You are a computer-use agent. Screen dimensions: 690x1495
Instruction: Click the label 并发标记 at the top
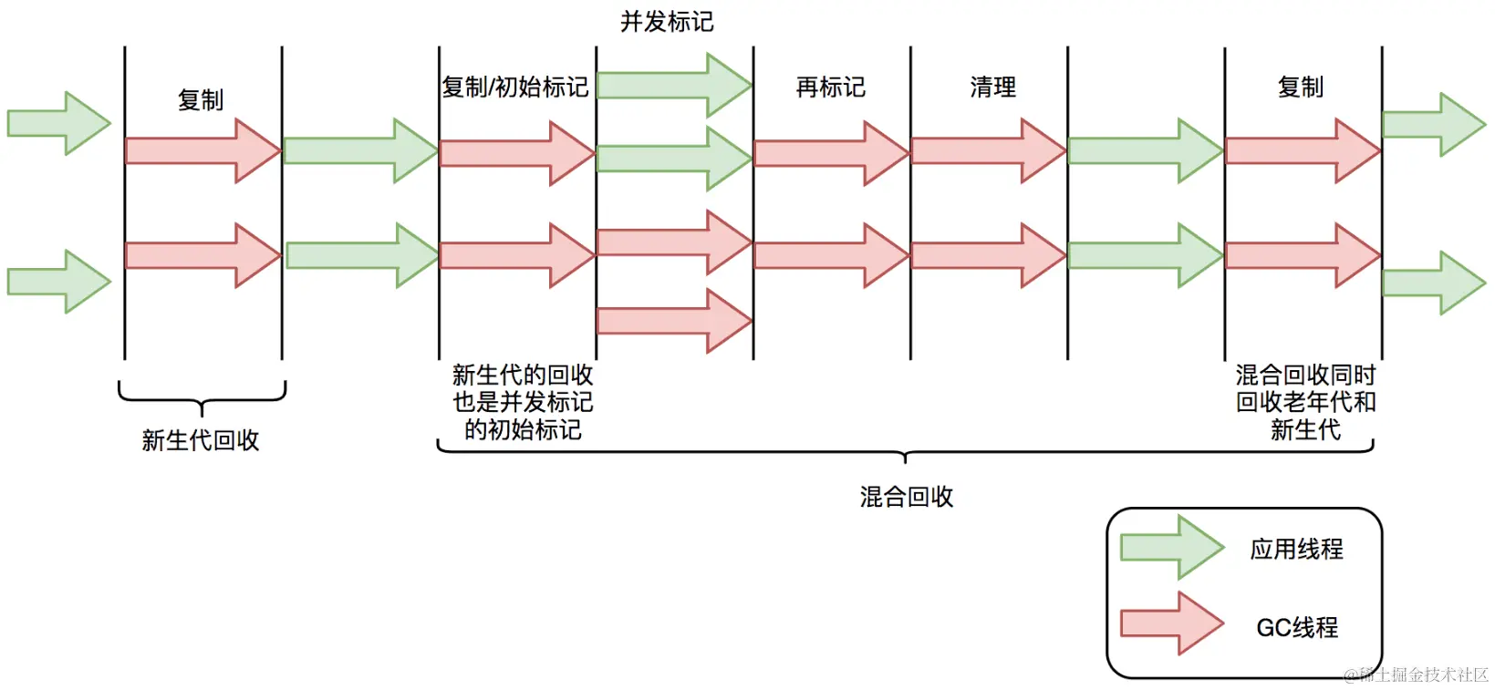pyautogui.click(x=666, y=22)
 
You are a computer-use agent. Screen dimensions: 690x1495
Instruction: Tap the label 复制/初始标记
pyautogui.click(x=514, y=88)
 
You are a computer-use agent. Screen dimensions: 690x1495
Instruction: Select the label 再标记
pyautogui.click(x=830, y=88)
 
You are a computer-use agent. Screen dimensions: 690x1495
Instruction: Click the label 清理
pyautogui.click(x=992, y=88)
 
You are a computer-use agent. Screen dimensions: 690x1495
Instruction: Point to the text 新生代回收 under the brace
pyautogui.click(x=201, y=440)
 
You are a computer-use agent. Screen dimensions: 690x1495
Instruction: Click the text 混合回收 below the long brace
pyautogui.click(x=906, y=497)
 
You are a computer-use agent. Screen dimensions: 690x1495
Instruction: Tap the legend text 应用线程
pyautogui.click(x=1296, y=549)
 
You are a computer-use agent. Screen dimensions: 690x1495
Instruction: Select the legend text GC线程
pyautogui.click(x=1296, y=627)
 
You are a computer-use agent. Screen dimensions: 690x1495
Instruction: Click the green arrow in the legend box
pyautogui.click(x=1171, y=547)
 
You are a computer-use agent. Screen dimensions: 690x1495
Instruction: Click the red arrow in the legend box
pyautogui.click(x=1171, y=623)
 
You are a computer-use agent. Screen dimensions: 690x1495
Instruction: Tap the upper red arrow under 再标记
pyautogui.click(x=831, y=153)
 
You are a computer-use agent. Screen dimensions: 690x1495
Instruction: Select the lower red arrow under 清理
pyautogui.click(x=988, y=256)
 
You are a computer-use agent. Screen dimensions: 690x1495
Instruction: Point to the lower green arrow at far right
pyautogui.click(x=1434, y=283)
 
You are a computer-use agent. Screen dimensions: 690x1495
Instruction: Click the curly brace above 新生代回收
pyautogui.click(x=202, y=398)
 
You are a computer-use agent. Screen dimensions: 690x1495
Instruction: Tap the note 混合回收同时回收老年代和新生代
pyautogui.click(x=1304, y=402)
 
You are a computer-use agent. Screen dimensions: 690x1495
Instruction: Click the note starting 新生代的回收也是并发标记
pyautogui.click(x=523, y=402)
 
